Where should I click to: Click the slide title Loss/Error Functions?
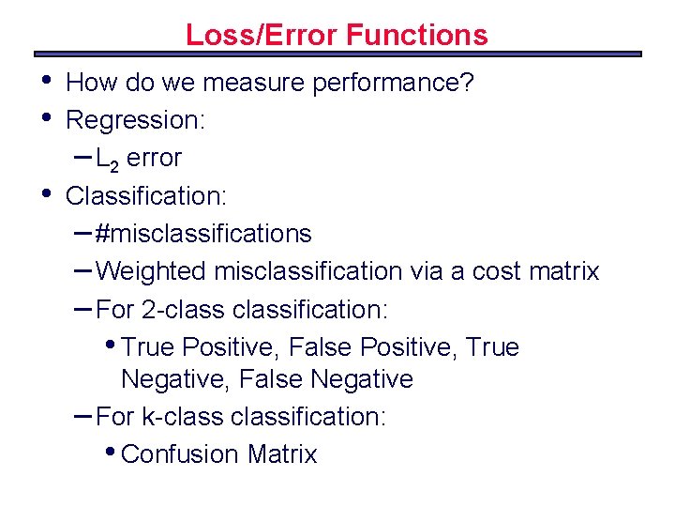point(337,35)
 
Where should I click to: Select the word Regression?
point(136,121)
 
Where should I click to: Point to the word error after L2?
point(154,159)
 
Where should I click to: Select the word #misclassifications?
point(203,234)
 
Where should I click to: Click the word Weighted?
point(152,271)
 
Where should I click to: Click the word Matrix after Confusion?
point(282,454)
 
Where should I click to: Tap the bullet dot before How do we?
point(47,81)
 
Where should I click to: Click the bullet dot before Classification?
point(47,193)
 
